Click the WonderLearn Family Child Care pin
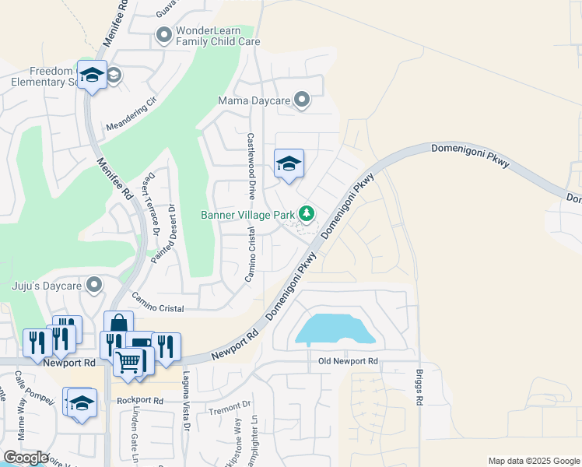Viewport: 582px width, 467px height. pos(164,35)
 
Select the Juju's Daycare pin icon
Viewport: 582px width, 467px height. pos(94,285)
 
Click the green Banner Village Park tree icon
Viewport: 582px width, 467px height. pos(307,213)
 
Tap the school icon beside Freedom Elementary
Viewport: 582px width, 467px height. pos(93,75)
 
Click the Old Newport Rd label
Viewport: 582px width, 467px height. pos(348,362)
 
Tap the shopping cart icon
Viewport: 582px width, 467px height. pos(128,361)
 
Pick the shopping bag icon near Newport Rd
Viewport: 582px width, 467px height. pos(119,323)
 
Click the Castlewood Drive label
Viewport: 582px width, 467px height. pos(251,164)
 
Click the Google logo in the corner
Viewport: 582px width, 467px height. pos(25,458)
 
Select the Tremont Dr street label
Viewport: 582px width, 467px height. pos(230,405)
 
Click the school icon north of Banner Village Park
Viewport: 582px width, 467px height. pos(289,163)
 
